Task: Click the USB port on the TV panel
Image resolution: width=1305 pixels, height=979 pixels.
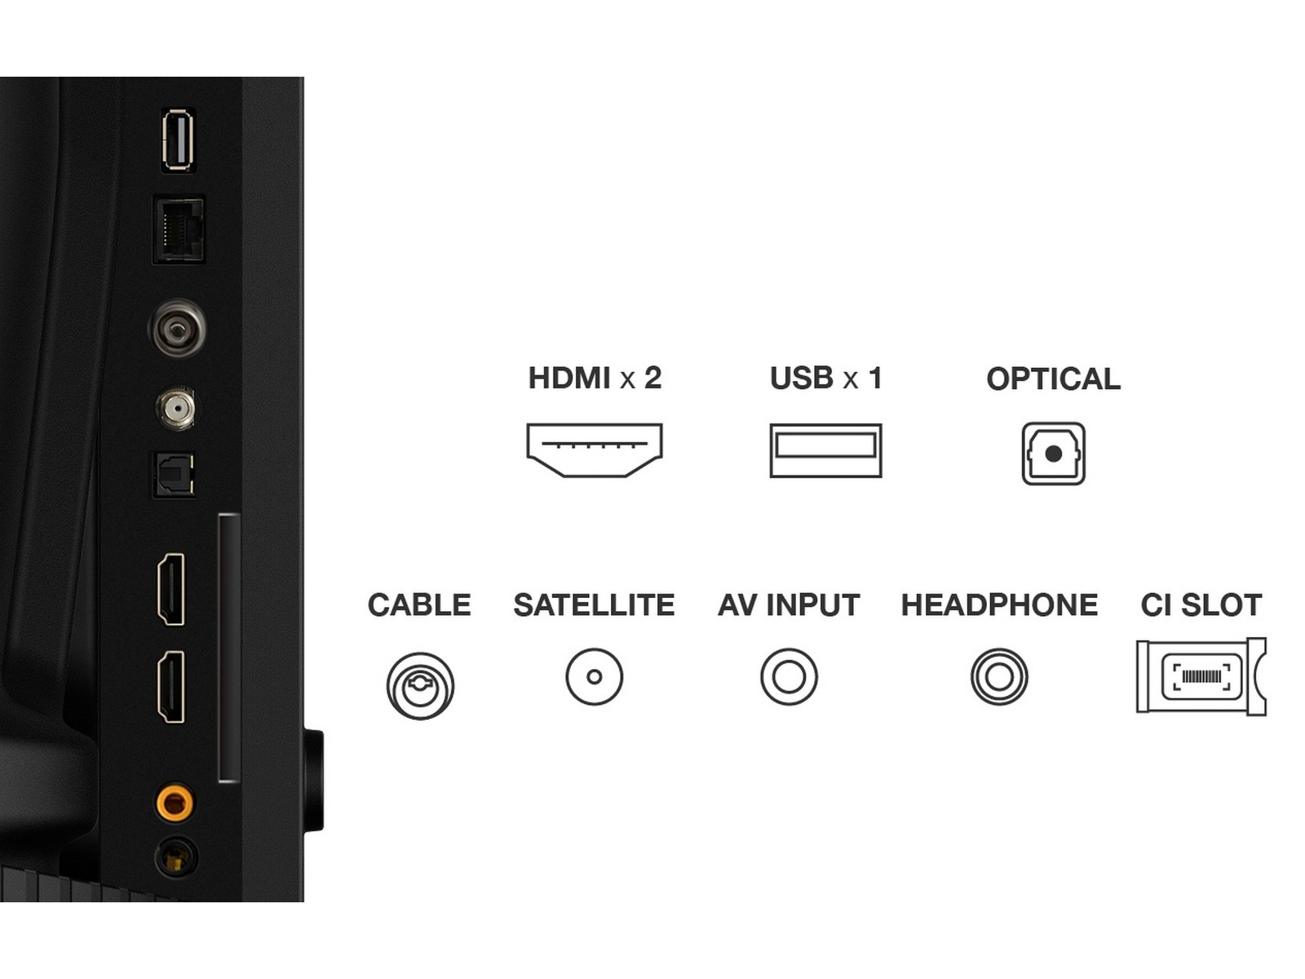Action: (x=178, y=140)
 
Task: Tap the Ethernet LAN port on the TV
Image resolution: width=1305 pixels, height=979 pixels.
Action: (x=179, y=229)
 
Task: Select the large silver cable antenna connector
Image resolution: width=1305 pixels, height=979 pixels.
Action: (x=177, y=327)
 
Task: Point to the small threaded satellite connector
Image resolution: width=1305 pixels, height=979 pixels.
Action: (x=176, y=409)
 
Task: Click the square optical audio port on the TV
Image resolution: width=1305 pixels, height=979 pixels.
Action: (x=174, y=475)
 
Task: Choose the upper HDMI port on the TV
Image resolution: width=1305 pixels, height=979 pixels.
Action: (x=171, y=589)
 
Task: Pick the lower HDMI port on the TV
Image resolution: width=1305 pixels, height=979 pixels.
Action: (x=171, y=687)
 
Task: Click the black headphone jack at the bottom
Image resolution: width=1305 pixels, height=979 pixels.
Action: (x=175, y=857)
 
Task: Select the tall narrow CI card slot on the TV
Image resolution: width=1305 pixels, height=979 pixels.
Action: (x=229, y=647)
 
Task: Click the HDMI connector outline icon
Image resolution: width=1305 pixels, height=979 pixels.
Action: (x=594, y=450)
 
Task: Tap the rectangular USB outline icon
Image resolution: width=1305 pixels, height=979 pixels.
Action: (x=825, y=450)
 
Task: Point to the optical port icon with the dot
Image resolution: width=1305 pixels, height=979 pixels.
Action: (x=1054, y=454)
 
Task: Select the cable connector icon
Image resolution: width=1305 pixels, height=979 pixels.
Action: (x=420, y=685)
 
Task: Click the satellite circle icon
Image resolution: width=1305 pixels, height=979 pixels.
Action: (x=594, y=676)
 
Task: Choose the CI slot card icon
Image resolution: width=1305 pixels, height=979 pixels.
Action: (x=1201, y=676)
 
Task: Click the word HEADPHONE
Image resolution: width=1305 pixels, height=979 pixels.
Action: (x=999, y=605)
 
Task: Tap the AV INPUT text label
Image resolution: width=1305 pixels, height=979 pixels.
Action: (x=789, y=605)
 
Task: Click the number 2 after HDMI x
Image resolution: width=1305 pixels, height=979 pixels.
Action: (x=652, y=378)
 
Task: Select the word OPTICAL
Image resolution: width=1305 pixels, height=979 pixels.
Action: (x=1054, y=379)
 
